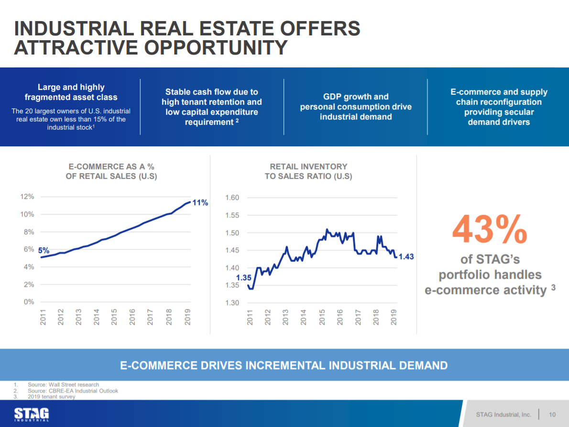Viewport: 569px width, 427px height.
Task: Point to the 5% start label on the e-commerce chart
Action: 44,251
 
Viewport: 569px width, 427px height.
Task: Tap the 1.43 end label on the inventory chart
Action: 406,257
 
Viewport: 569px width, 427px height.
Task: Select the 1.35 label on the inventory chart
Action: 244,277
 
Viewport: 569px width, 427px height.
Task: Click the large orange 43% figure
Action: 490,230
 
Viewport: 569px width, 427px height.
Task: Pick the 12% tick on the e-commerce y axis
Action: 27,197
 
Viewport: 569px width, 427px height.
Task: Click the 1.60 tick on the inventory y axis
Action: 232,197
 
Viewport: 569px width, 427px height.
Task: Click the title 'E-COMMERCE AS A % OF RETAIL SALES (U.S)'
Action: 111,171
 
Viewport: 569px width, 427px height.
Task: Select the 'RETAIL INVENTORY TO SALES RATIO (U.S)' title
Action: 308,171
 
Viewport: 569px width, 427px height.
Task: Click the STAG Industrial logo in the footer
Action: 32,414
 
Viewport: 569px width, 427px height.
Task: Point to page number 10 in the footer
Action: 552,414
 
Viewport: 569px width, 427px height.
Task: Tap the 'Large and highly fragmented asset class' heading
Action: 71,92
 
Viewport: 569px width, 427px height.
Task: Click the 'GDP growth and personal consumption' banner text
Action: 356,106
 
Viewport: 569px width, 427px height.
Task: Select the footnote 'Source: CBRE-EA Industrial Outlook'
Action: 73,391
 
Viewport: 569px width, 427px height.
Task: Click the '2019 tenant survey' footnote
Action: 52,397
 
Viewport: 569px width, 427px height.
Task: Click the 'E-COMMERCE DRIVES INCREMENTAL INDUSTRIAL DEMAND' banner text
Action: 284,366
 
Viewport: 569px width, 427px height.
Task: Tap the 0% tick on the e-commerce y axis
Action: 29,302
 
